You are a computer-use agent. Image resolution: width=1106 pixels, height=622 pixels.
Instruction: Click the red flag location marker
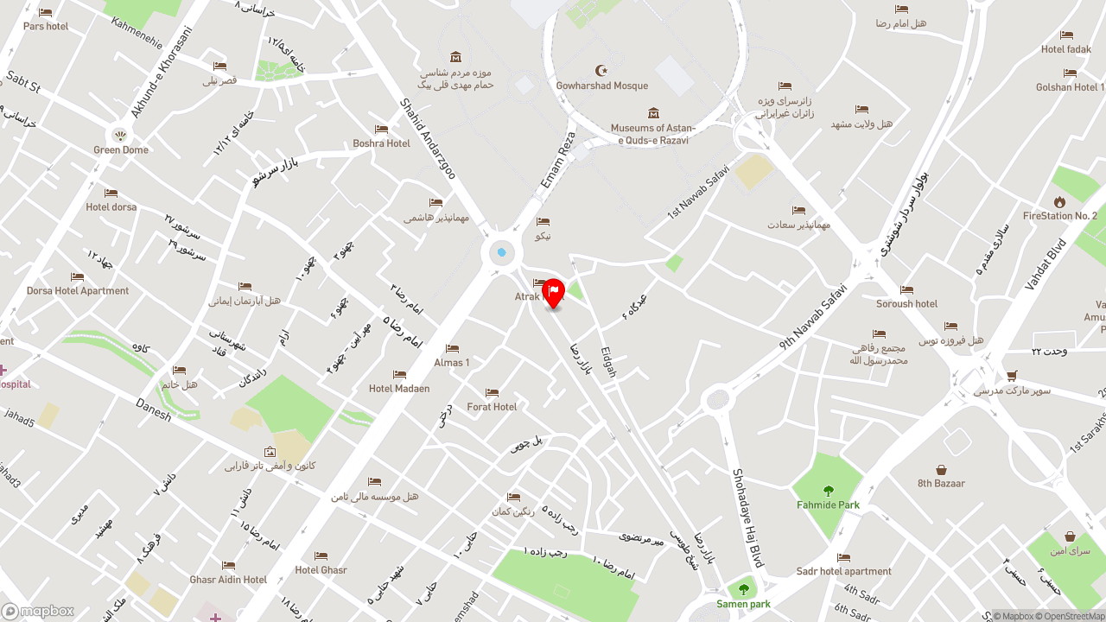point(553,293)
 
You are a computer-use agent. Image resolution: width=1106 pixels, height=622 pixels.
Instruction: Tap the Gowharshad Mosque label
point(602,86)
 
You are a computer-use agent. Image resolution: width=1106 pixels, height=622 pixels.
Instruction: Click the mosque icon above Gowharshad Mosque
point(602,70)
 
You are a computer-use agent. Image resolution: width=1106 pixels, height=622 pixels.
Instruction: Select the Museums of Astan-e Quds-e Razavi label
point(653,134)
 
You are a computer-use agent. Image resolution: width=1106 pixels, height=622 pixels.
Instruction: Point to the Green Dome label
point(121,149)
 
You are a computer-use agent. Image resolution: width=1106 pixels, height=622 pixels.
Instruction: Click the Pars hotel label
point(46,26)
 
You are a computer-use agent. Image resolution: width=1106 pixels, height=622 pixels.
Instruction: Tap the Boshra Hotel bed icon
point(381,129)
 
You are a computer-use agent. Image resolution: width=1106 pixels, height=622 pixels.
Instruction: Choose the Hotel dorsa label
point(111,206)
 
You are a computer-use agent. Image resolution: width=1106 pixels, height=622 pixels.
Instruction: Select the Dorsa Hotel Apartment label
point(78,290)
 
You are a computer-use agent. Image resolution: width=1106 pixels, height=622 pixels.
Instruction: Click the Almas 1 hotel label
point(452,362)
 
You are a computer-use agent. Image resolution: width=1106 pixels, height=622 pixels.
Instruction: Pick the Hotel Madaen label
point(399,388)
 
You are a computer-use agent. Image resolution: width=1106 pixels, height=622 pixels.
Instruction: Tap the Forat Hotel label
point(492,406)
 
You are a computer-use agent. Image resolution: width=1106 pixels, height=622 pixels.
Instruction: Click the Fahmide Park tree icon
point(829,491)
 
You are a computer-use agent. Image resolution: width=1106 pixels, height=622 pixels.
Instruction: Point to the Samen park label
point(743,604)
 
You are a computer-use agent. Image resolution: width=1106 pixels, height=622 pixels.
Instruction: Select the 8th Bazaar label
point(941,483)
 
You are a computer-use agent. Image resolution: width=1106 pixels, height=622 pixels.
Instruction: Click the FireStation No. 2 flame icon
point(1059,201)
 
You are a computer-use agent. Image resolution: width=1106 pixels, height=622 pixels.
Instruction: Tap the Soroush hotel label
point(906,303)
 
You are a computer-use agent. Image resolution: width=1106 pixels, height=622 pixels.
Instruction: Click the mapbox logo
point(38,611)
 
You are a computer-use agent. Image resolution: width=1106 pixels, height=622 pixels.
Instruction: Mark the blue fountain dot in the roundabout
point(501,252)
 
